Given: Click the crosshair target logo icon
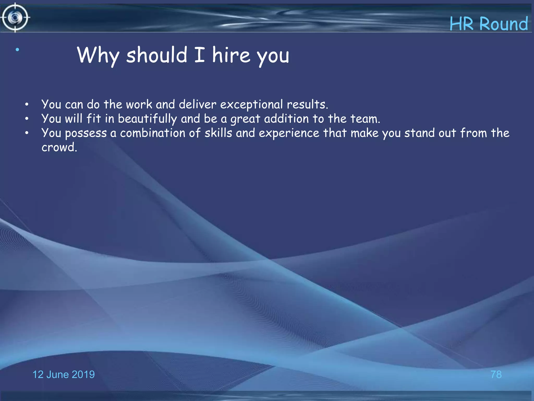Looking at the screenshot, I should coord(15,18).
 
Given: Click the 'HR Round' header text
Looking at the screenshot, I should coord(489,24).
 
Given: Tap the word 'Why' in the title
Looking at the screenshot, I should coord(98,55).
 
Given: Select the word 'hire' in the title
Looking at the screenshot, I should coord(231,55).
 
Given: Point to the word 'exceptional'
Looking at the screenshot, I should coord(251,105).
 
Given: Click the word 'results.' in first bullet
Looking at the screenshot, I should coord(307,104).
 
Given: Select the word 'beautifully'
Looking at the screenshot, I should coord(147,119).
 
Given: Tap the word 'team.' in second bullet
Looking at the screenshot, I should coord(365,119).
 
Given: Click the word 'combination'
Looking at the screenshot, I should coord(153,133).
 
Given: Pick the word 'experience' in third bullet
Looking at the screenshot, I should coord(289,133).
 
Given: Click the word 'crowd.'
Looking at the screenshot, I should coord(59,148).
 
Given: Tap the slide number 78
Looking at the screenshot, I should coord(496,374).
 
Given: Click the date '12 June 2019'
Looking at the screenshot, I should coord(64,374).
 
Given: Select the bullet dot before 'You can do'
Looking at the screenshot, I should coord(27,105).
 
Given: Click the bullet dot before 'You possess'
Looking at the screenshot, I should coord(27,133).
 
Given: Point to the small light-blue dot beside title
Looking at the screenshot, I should coord(17,50).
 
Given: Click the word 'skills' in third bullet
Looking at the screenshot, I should coord(218,133).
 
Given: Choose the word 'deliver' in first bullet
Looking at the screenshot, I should coord(197,104).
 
